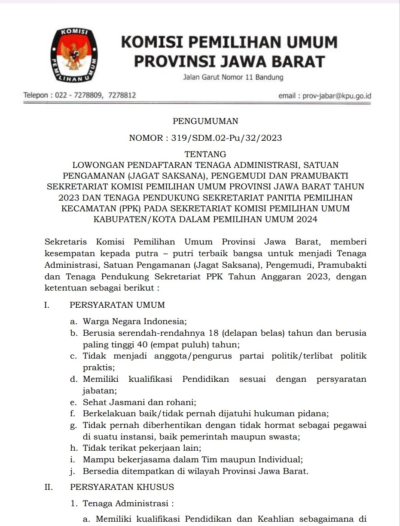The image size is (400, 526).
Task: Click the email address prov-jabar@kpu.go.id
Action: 336,96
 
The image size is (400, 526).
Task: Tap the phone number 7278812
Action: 122,95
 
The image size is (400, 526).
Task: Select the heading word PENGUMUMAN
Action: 205,121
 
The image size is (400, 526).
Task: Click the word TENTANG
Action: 205,154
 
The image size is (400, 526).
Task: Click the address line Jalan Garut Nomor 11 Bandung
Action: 233,77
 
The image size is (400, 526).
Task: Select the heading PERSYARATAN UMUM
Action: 117,305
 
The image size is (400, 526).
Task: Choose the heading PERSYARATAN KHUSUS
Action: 122,487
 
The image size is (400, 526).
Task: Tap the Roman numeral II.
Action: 48,487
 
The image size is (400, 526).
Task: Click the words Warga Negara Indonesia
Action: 134,321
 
